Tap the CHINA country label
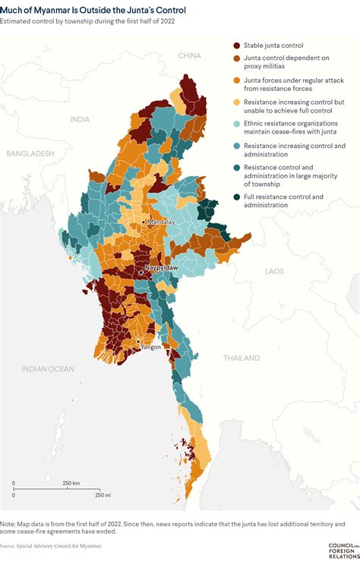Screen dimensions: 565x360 pos(189,55)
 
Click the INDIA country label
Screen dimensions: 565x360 pos(80,119)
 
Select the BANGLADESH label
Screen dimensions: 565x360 pos(30,153)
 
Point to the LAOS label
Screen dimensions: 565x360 pos(274,270)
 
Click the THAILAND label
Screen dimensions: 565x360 pos(242,357)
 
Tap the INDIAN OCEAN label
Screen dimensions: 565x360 pos(49,369)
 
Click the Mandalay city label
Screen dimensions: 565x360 pos(160,222)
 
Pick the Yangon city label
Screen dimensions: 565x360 pos(150,346)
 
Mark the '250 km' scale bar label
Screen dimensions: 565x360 pos(72,483)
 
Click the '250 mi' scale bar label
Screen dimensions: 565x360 pos(103,495)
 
